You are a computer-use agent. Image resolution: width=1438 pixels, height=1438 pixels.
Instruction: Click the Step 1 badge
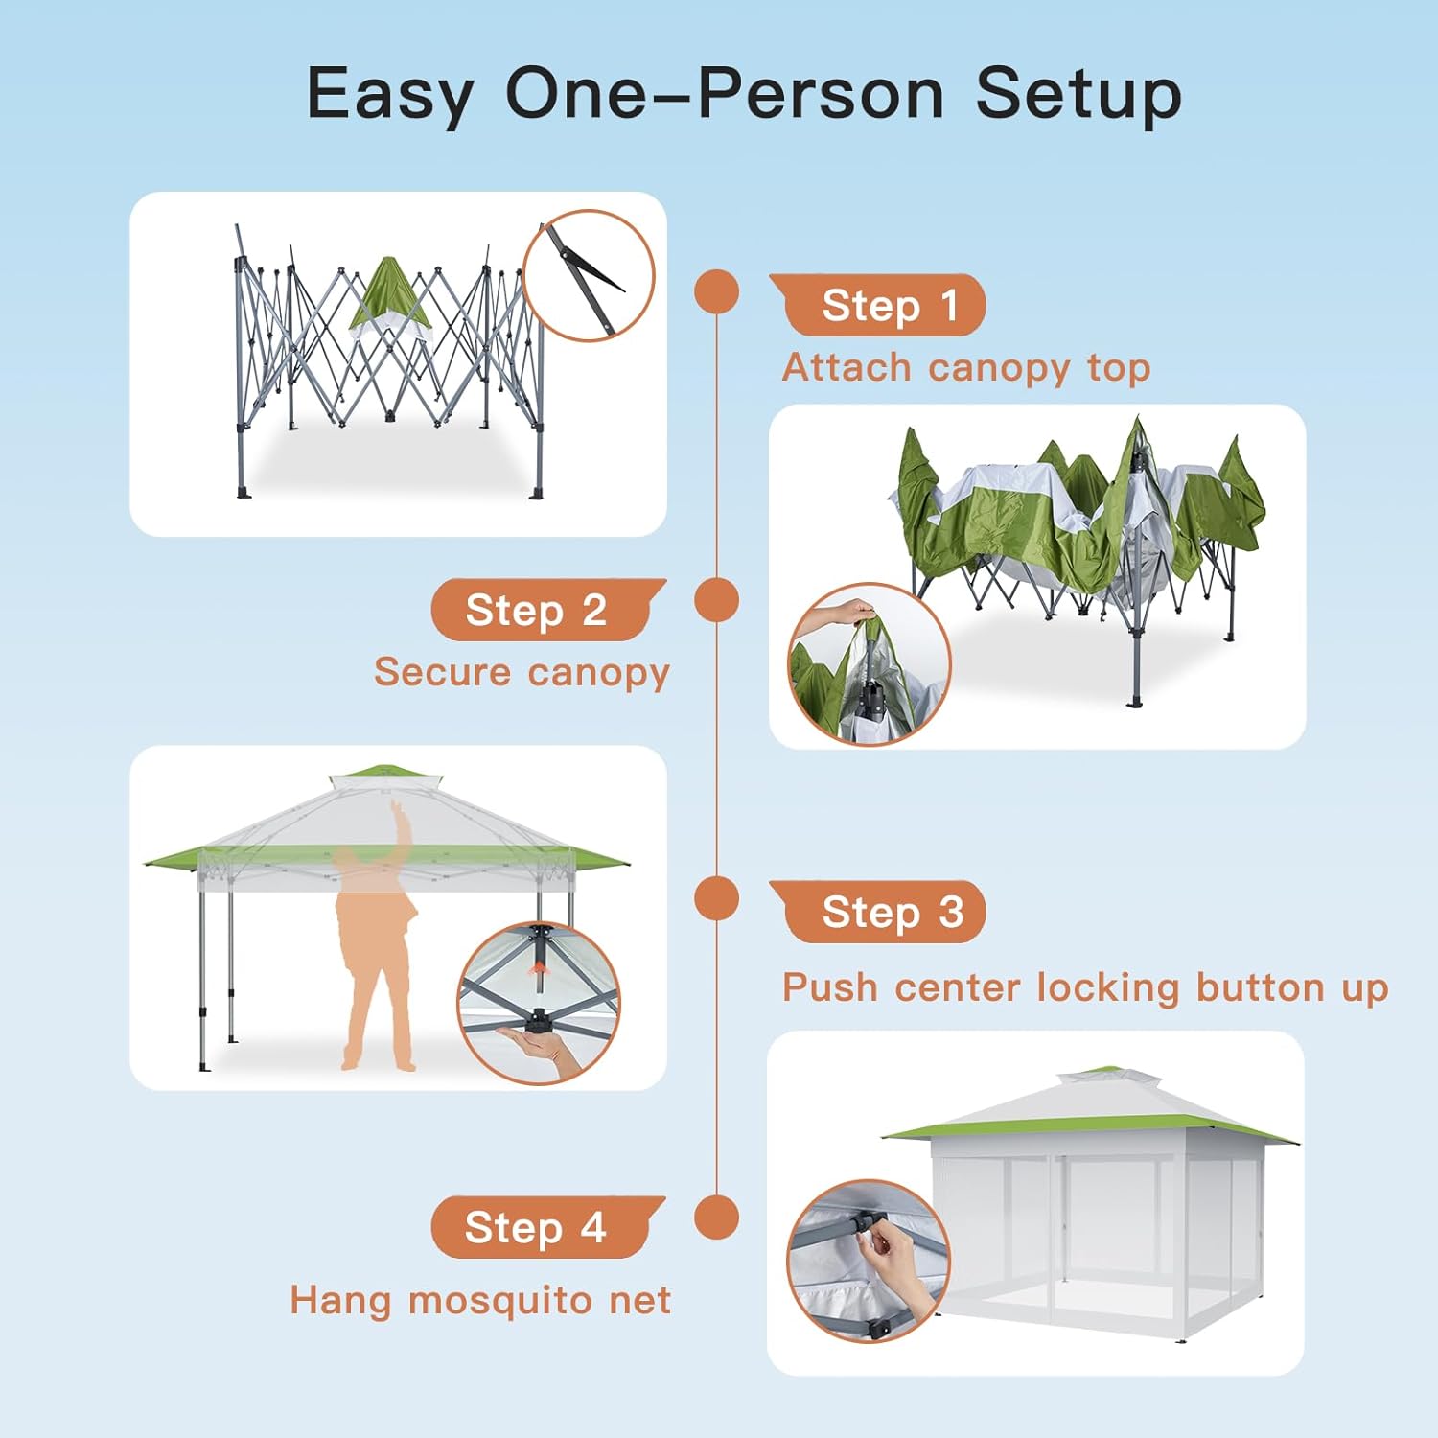[877, 305]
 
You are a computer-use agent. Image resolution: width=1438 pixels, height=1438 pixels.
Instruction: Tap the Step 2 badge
[548, 610]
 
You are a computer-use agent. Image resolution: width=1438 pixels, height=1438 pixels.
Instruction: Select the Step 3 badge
[877, 912]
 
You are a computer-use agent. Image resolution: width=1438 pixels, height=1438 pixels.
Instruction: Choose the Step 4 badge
[548, 1227]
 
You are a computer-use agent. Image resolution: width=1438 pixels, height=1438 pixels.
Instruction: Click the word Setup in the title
[1078, 94]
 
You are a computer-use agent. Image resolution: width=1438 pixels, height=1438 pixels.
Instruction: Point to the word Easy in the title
[390, 94]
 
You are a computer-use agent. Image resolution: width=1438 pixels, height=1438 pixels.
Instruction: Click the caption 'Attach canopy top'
[966, 368]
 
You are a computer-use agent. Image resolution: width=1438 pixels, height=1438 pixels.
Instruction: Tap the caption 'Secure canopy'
[522, 673]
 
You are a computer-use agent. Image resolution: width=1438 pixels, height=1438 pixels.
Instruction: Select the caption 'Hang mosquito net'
[480, 1301]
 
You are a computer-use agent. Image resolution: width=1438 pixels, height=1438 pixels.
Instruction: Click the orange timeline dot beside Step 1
[717, 291]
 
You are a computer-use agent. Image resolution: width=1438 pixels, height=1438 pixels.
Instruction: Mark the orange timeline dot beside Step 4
[717, 1218]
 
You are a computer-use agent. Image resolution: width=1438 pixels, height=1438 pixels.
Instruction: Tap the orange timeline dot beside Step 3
[717, 898]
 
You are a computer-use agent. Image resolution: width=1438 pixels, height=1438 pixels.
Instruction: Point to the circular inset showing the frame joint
[589, 276]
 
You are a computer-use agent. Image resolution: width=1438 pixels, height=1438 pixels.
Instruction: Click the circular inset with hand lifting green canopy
[869, 664]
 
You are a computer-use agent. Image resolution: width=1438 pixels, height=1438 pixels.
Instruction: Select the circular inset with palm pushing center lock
[539, 1004]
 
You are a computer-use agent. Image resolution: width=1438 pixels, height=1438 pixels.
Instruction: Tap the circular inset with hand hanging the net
[869, 1261]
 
